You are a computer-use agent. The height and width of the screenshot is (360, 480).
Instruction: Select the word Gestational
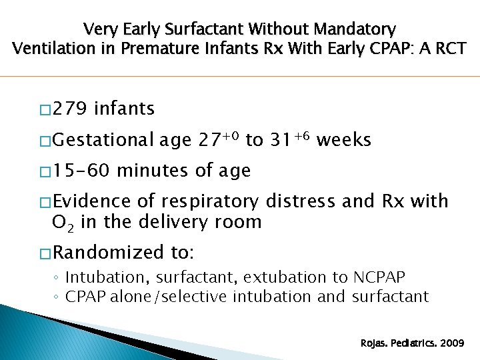coord(103,140)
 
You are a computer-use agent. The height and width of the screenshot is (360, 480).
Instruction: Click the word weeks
coord(343,140)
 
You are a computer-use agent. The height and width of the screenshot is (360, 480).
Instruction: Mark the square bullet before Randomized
coord(45,253)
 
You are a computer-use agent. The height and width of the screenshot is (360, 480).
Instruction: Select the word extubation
coord(282,277)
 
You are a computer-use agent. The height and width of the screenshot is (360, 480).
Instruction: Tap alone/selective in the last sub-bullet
coord(175,296)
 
